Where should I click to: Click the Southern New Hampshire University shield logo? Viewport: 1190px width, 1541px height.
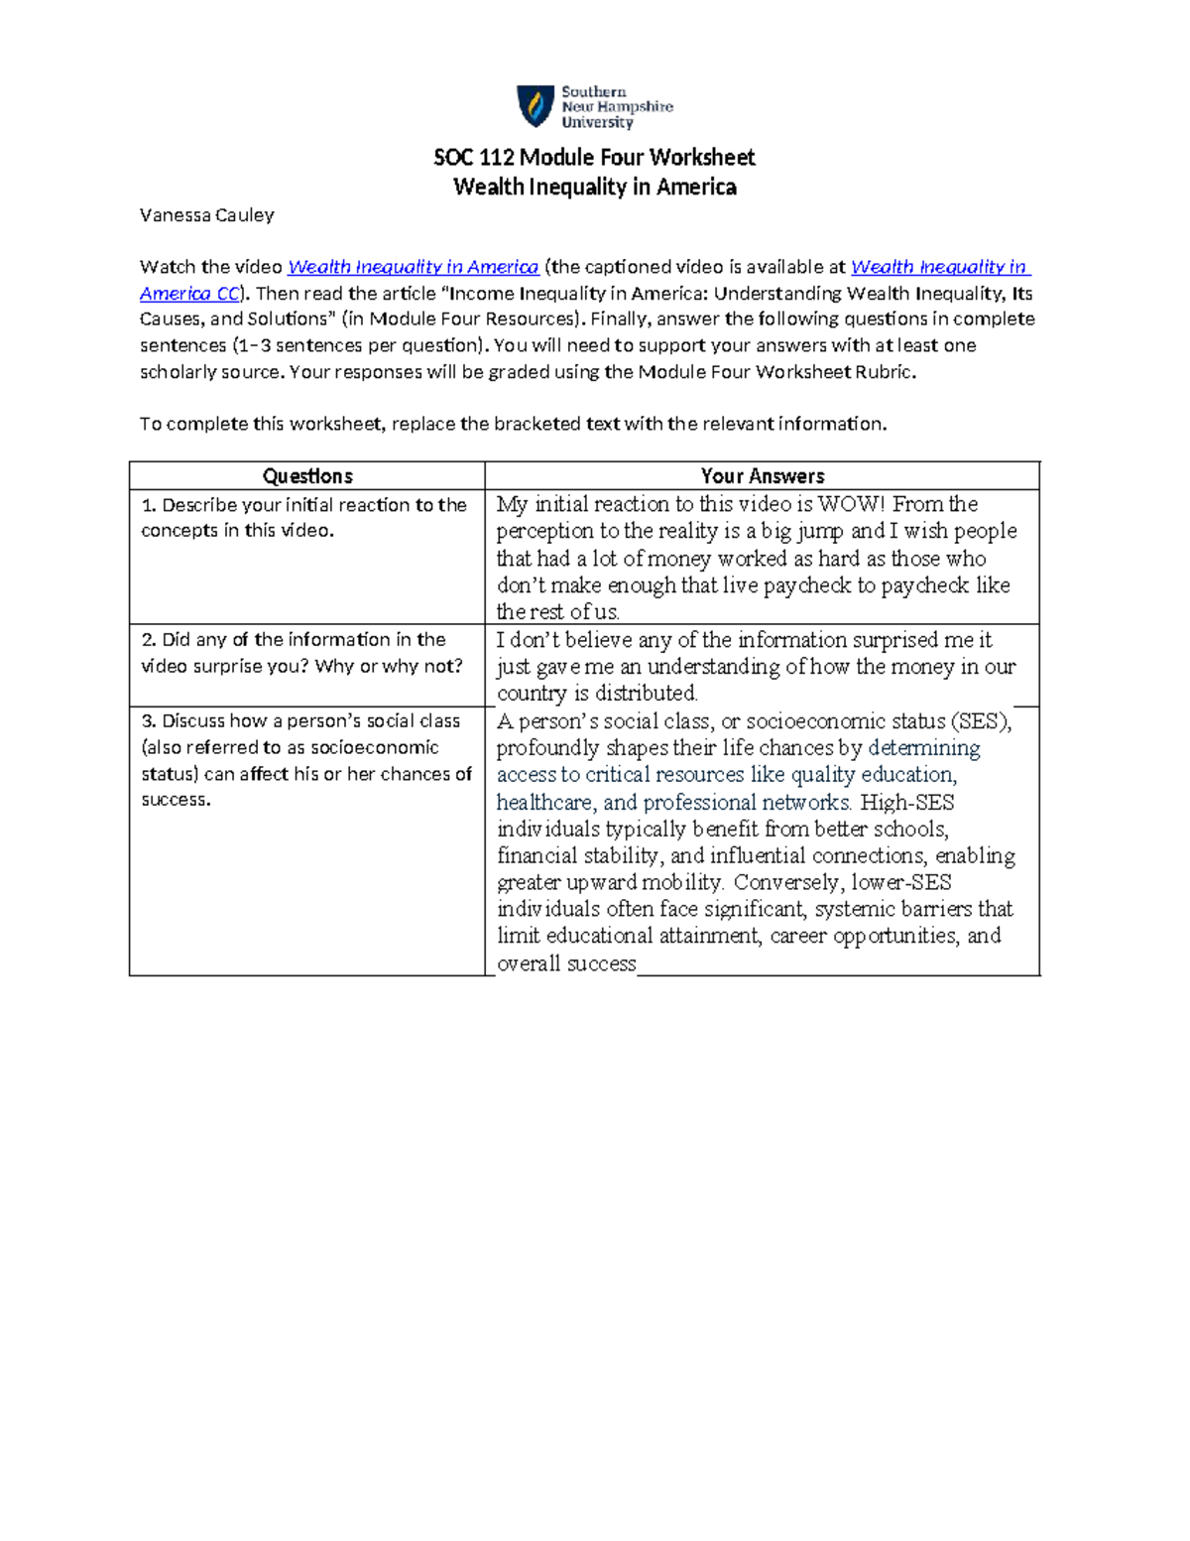pos(535,106)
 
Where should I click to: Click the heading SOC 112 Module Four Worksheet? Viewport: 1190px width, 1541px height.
pos(594,158)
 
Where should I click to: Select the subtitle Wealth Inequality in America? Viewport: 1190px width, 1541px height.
pos(594,188)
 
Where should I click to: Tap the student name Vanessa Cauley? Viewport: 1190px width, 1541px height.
pos(206,215)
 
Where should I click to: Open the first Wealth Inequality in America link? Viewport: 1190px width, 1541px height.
pos(413,267)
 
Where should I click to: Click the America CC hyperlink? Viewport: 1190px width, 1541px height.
pos(189,294)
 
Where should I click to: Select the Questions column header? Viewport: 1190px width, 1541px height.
pos(307,476)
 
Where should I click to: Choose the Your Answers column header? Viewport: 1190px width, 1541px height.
pos(762,476)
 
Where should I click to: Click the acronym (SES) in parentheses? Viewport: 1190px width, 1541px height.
pos(980,721)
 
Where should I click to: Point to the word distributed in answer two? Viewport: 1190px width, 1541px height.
pos(646,694)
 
